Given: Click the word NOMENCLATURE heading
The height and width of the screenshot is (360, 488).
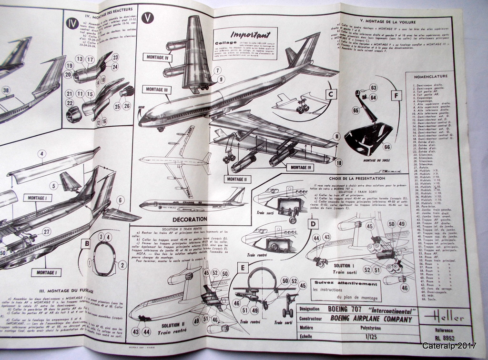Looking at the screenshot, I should tap(427, 76).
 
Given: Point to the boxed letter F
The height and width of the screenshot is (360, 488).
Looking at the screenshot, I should tap(395, 95).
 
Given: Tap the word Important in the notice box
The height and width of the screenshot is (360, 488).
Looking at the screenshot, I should tap(250, 35).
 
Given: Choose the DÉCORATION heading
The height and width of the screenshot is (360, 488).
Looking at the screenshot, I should tap(190, 219).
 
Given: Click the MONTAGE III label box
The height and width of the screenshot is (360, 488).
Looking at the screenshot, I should tap(155, 89).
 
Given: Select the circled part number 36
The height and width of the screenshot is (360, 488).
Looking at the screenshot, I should tap(6, 90).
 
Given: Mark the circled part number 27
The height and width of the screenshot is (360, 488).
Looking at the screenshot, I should tap(46, 231).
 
